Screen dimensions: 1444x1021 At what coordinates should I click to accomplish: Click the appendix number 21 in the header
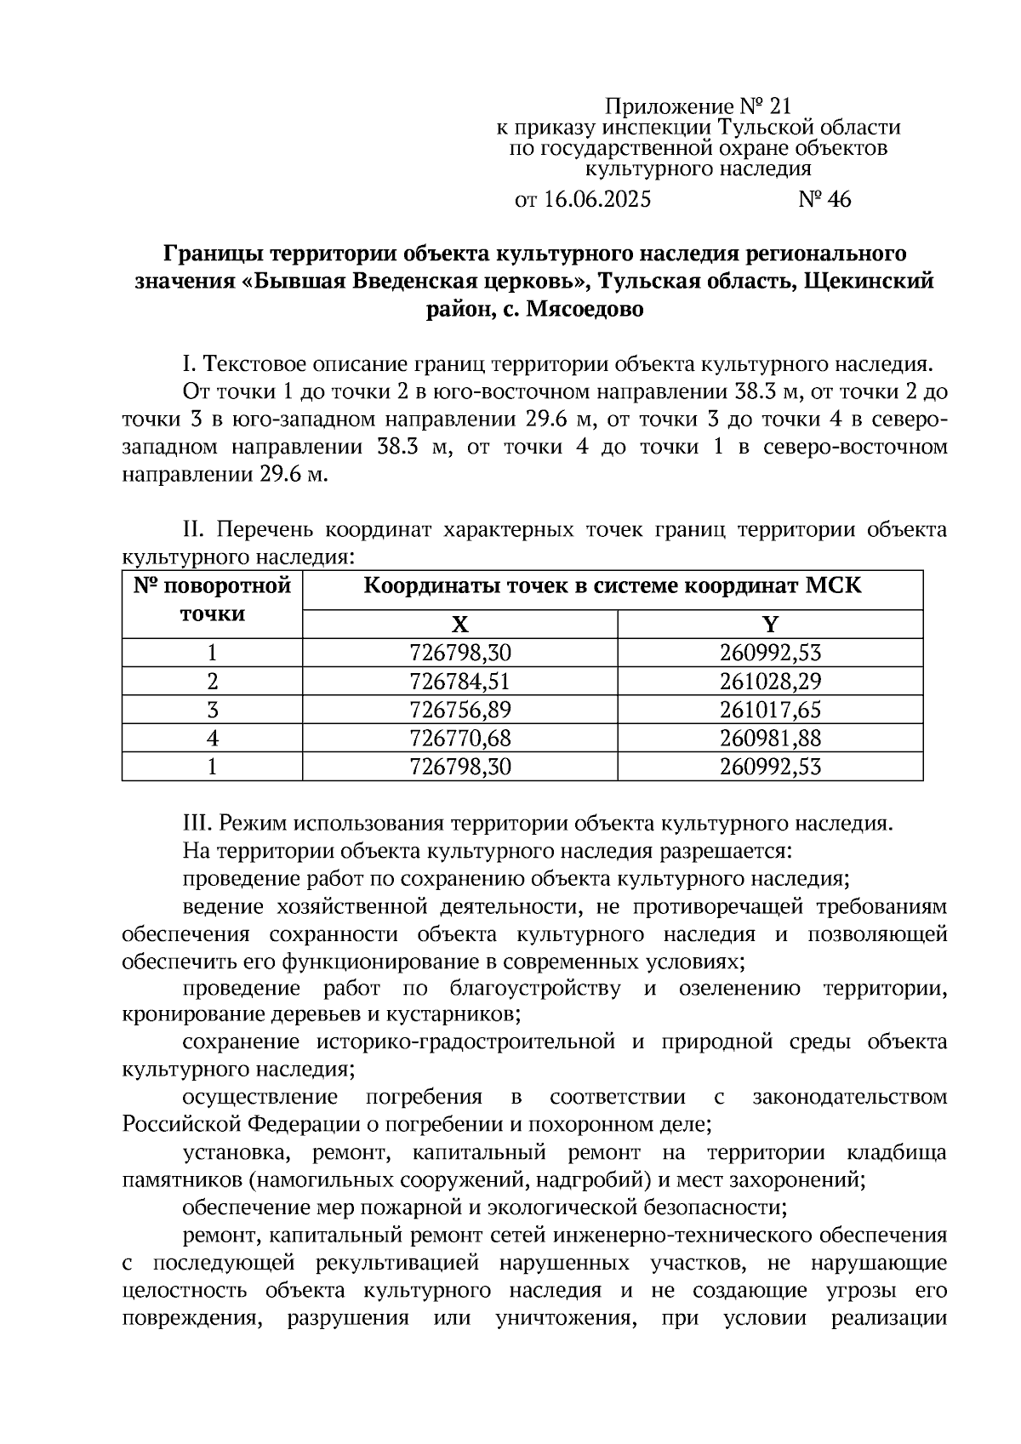(779, 106)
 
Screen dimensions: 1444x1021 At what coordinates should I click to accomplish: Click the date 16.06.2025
(596, 200)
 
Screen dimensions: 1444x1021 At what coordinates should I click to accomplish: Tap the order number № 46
(824, 200)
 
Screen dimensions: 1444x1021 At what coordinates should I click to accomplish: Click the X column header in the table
(459, 625)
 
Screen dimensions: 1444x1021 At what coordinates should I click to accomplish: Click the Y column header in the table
(770, 625)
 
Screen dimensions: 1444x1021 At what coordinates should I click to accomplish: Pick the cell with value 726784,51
(460, 682)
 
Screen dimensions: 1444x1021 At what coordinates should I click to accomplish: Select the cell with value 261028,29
(770, 682)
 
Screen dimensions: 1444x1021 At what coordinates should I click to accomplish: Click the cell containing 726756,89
(460, 710)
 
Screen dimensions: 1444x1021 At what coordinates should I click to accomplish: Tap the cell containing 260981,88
(770, 738)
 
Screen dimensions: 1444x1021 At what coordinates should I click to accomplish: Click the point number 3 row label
(213, 710)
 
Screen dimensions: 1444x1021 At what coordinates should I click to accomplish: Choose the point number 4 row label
(213, 738)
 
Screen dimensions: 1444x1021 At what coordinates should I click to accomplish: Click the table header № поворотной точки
(213, 600)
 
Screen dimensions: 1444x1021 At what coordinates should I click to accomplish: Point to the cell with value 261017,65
(770, 710)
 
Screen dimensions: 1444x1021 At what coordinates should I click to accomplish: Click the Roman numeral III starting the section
(197, 824)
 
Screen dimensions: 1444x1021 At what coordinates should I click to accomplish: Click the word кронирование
(184, 1015)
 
